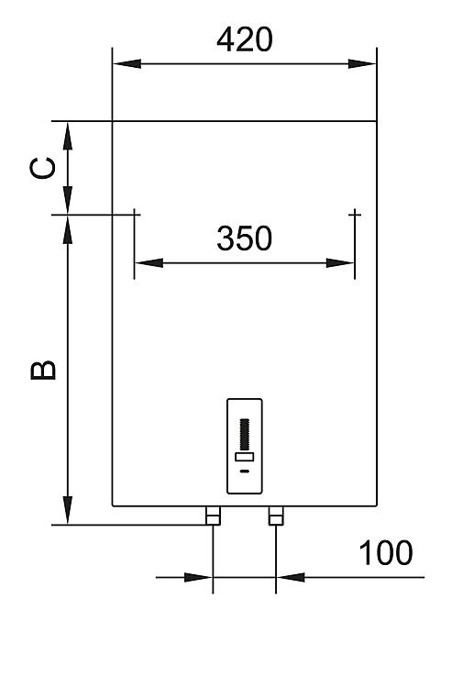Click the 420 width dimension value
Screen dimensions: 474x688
pos(245,39)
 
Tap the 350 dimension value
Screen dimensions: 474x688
pos(245,239)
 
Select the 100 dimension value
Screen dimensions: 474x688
pos(386,553)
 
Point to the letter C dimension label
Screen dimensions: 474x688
pos(43,168)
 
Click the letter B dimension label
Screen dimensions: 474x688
pos(43,370)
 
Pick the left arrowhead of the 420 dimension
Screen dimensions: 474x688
pos(127,63)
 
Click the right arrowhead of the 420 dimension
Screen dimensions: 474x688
pos(362,63)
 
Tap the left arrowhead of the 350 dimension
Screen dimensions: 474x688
pos(149,263)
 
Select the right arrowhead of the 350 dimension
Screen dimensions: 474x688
pos(340,263)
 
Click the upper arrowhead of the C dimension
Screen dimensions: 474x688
pos(68,136)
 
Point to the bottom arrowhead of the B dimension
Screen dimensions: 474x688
pos(68,510)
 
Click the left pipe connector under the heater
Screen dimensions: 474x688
pos(213,516)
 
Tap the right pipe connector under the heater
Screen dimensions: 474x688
pos(276,516)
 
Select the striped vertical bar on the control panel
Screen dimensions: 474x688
pos(245,434)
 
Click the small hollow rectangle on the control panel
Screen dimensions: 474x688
pos(245,457)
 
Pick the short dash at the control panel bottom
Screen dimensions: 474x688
pos(245,472)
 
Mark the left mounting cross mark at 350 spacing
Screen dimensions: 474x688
pos(134,215)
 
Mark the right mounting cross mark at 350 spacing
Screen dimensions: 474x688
pos(355,215)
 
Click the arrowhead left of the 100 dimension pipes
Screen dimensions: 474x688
pos(198,577)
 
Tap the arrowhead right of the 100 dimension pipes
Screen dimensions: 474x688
pos(291,577)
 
